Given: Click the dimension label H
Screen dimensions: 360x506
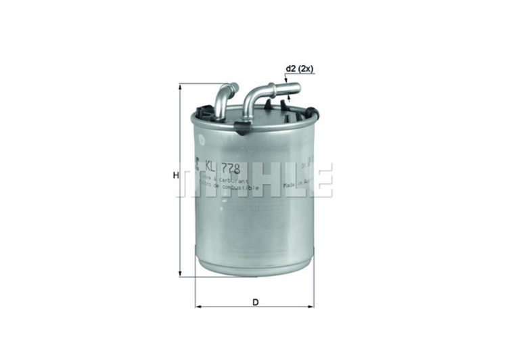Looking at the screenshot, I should [x=175, y=175].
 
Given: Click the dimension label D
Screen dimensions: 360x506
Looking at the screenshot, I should [x=256, y=302].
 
